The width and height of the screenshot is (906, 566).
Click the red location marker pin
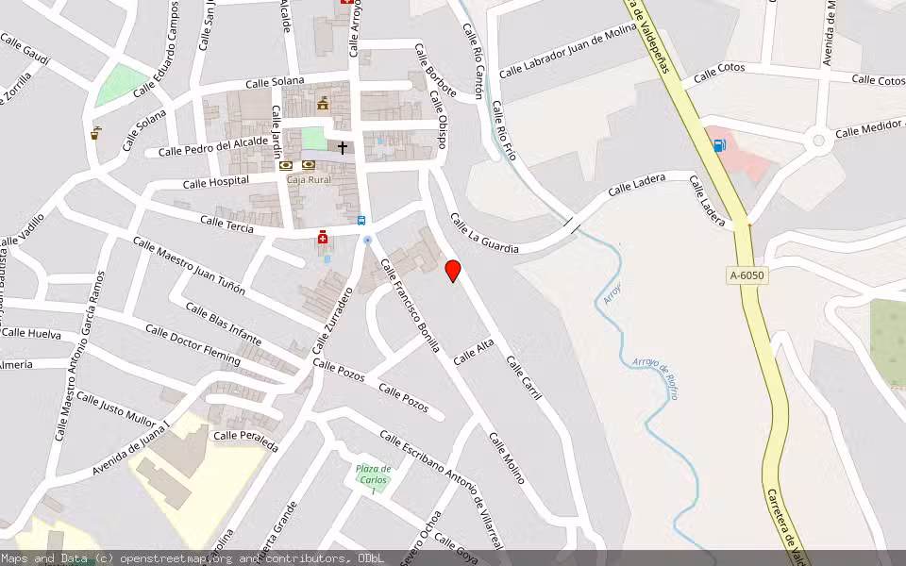[453, 270]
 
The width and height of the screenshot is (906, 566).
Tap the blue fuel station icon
[720, 145]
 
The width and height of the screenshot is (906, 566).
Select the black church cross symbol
[343, 147]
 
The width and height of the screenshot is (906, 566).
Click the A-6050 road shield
[747, 275]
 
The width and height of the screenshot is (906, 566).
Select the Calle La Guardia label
[484, 234]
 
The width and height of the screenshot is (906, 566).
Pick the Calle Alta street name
[474, 353]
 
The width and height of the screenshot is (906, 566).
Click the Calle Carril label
[524, 376]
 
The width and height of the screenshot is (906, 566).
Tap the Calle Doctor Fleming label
[193, 344]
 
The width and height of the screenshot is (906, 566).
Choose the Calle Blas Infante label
[223, 322]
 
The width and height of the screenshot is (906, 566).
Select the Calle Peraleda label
[245, 436]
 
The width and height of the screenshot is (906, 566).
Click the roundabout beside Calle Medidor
[819, 141]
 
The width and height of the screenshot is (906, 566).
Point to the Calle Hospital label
[216, 181]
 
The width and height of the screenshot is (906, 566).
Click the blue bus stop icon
[361, 220]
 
